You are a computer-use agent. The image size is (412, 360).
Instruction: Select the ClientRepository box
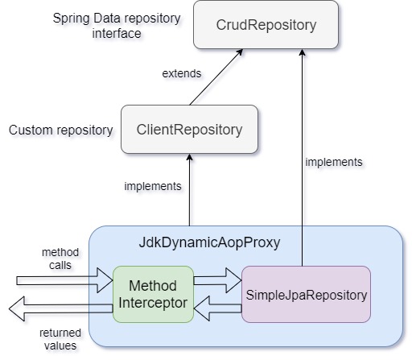point(189,129)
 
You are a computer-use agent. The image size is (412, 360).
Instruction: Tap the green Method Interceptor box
point(153,293)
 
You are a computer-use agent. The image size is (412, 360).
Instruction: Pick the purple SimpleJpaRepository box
point(305,295)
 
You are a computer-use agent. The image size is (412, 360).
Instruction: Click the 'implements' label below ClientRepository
point(153,186)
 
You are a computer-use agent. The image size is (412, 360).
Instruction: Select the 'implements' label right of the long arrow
point(334,162)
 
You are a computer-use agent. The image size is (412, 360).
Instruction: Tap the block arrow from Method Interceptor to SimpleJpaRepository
point(217,281)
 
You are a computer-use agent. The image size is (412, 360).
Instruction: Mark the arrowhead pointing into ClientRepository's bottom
point(189,157)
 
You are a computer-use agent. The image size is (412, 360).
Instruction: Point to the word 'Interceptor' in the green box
point(153,302)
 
